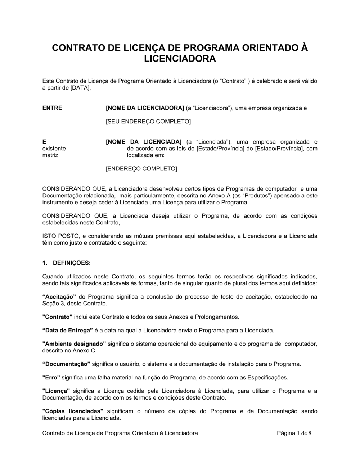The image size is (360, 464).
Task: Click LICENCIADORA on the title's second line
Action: (x=180, y=59)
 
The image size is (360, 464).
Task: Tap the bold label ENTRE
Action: (x=52, y=108)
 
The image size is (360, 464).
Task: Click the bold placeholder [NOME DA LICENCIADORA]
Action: (x=145, y=108)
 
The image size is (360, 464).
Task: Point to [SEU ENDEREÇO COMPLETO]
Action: (x=148, y=122)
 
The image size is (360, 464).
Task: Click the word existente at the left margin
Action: (x=54, y=149)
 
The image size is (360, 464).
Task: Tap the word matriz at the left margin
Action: (x=50, y=155)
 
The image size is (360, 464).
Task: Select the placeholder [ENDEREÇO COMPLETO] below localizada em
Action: (x=141, y=169)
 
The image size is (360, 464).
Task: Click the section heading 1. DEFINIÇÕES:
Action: (x=67, y=263)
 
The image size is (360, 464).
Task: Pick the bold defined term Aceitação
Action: (x=59, y=297)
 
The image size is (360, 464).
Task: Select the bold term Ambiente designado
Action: (x=74, y=344)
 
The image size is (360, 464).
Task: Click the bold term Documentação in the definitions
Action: (x=67, y=364)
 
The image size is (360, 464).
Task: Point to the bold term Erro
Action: (x=51, y=378)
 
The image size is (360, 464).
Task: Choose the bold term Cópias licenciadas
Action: (x=73, y=411)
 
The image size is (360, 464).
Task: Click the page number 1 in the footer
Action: (x=299, y=433)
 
